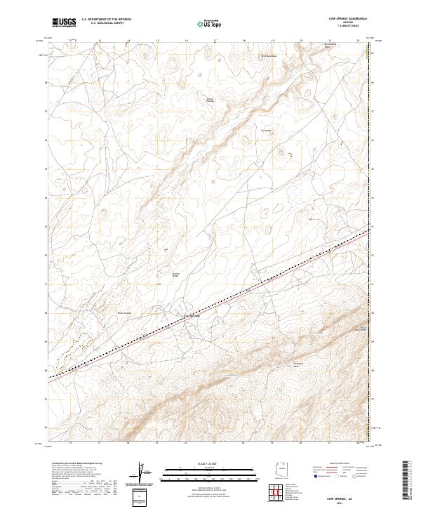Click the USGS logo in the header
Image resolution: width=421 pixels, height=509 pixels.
65,22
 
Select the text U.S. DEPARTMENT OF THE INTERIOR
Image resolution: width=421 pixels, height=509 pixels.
107,19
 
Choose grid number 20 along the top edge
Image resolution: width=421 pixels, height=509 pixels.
301,41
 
